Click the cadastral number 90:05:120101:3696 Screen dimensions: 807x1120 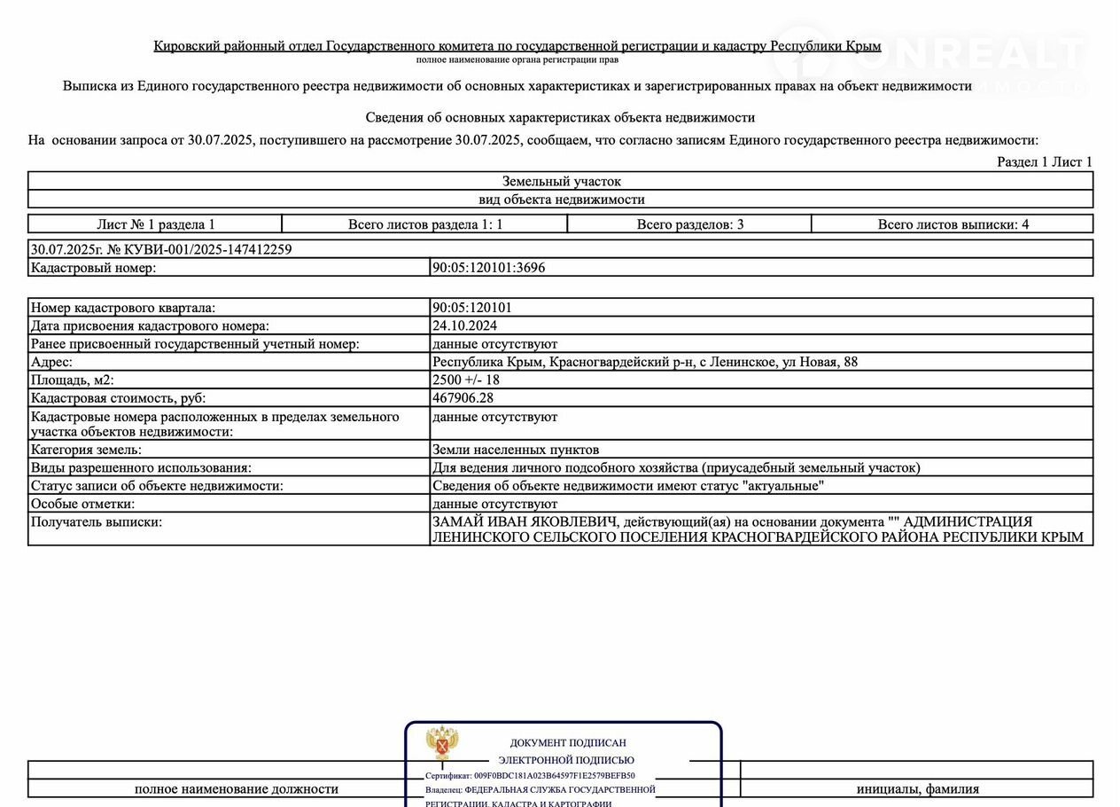488,268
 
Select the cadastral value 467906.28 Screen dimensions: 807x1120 463,398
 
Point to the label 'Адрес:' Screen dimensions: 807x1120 51,362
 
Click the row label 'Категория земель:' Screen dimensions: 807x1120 86,450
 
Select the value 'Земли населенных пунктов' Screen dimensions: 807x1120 516,450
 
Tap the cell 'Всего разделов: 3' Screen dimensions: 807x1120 689,224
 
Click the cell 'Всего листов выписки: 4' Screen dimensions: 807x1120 953,224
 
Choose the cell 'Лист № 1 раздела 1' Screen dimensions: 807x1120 156,224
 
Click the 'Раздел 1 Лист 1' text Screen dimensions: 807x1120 1045,161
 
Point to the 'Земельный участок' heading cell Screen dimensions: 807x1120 561,181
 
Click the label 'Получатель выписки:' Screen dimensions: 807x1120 97,522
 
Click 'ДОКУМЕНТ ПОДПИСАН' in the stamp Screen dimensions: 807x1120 567,743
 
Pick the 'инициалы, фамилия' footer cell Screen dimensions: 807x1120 917,788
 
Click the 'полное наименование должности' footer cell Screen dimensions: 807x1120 236,788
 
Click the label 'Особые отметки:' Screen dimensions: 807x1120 82,504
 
